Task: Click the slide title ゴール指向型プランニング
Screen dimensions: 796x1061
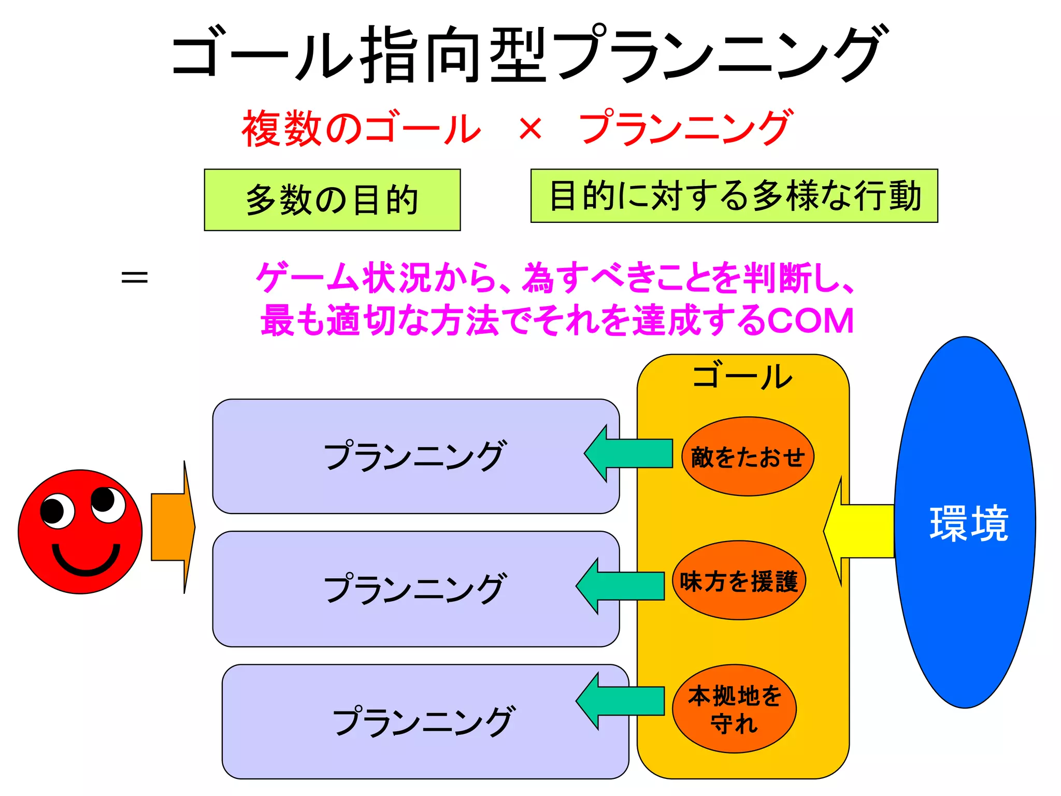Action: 528,54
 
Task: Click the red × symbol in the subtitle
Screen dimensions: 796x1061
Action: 530,129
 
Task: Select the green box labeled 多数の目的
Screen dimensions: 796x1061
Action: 332,200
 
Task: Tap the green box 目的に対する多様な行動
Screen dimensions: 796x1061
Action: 734,196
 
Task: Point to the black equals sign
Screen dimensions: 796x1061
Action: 134,277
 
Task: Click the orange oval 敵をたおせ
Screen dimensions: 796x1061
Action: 748,457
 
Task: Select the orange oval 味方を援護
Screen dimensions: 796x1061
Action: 739,580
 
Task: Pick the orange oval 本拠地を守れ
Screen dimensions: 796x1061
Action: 734,708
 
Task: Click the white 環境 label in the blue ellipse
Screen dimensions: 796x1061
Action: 968,524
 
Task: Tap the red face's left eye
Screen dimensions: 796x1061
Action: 57,511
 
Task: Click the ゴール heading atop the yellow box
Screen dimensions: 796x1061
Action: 742,377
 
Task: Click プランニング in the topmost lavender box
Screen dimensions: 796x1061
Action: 414,456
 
